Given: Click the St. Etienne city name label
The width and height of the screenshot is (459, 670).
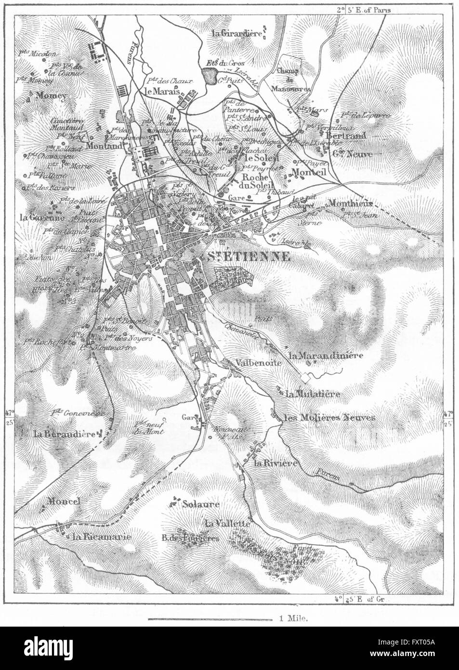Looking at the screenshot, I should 249,256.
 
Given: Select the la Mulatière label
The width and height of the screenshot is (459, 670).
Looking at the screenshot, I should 313,394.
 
